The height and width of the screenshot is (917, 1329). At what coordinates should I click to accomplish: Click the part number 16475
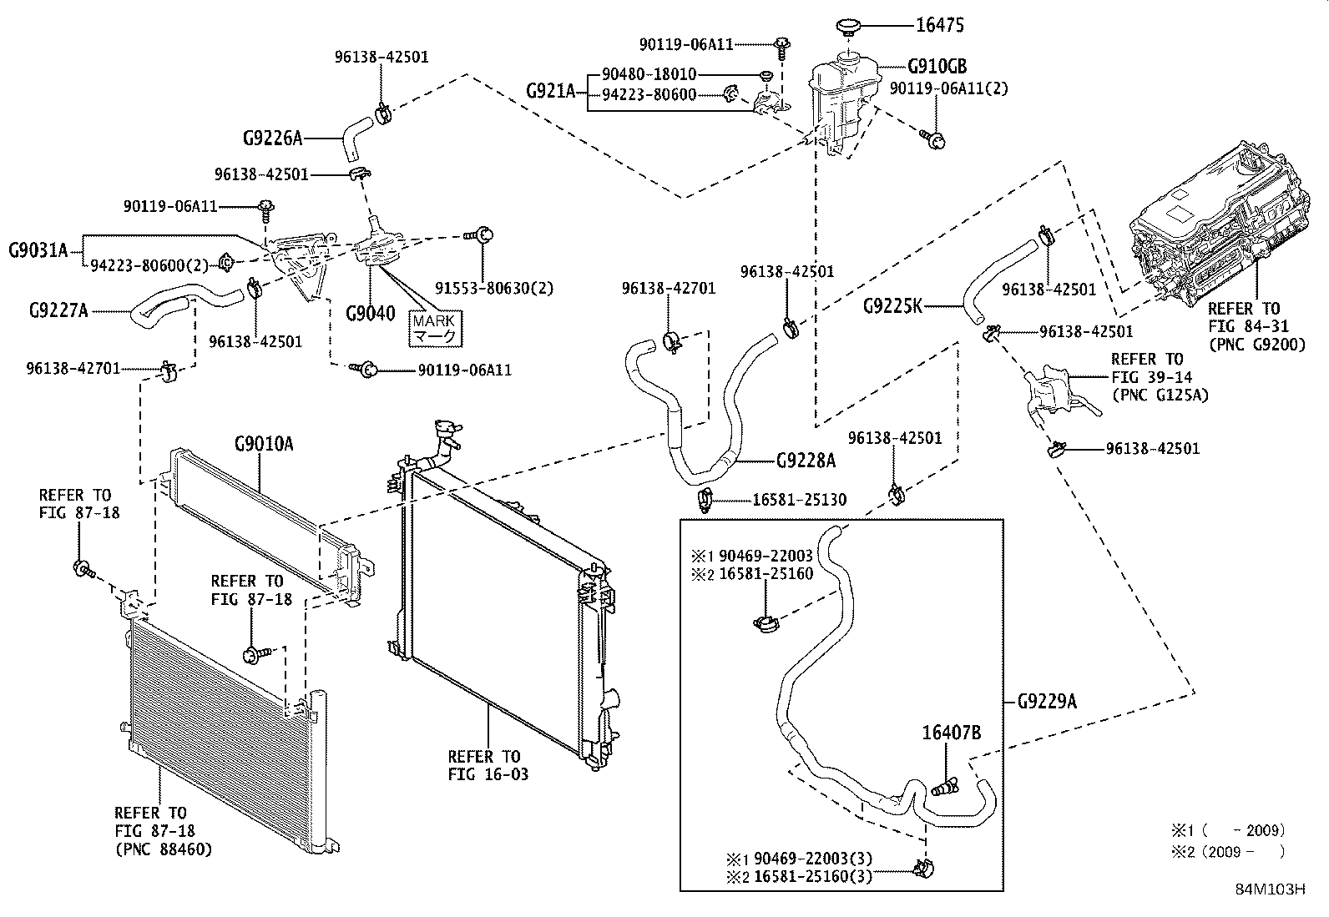[940, 25]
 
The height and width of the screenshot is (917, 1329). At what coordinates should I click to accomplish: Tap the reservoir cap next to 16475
[848, 27]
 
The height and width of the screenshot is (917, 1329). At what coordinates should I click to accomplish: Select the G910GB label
[937, 66]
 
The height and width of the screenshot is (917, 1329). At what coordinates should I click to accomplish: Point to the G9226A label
[272, 139]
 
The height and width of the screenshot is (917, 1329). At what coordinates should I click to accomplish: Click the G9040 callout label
[370, 313]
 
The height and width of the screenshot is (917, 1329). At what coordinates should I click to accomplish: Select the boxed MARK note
[435, 330]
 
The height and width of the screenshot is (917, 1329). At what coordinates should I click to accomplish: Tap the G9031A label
[38, 250]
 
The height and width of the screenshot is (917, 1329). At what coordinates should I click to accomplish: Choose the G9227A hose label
[58, 310]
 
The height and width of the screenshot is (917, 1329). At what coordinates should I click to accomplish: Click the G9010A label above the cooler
[264, 444]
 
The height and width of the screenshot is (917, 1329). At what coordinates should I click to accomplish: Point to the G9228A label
[806, 461]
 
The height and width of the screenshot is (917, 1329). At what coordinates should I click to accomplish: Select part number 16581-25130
[799, 500]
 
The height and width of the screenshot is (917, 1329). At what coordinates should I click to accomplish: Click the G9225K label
[892, 306]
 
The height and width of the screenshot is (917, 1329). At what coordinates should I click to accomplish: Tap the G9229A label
[1047, 702]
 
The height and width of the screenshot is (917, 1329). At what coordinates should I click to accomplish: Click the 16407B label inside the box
[951, 733]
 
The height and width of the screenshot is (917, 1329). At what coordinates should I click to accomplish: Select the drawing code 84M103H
[1271, 889]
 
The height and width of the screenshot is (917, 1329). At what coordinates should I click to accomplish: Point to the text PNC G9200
[1257, 345]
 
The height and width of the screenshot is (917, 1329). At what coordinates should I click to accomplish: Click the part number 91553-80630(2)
[493, 288]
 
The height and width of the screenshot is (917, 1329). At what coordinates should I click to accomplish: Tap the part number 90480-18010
[649, 74]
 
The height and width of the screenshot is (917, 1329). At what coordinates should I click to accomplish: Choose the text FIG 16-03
[488, 774]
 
